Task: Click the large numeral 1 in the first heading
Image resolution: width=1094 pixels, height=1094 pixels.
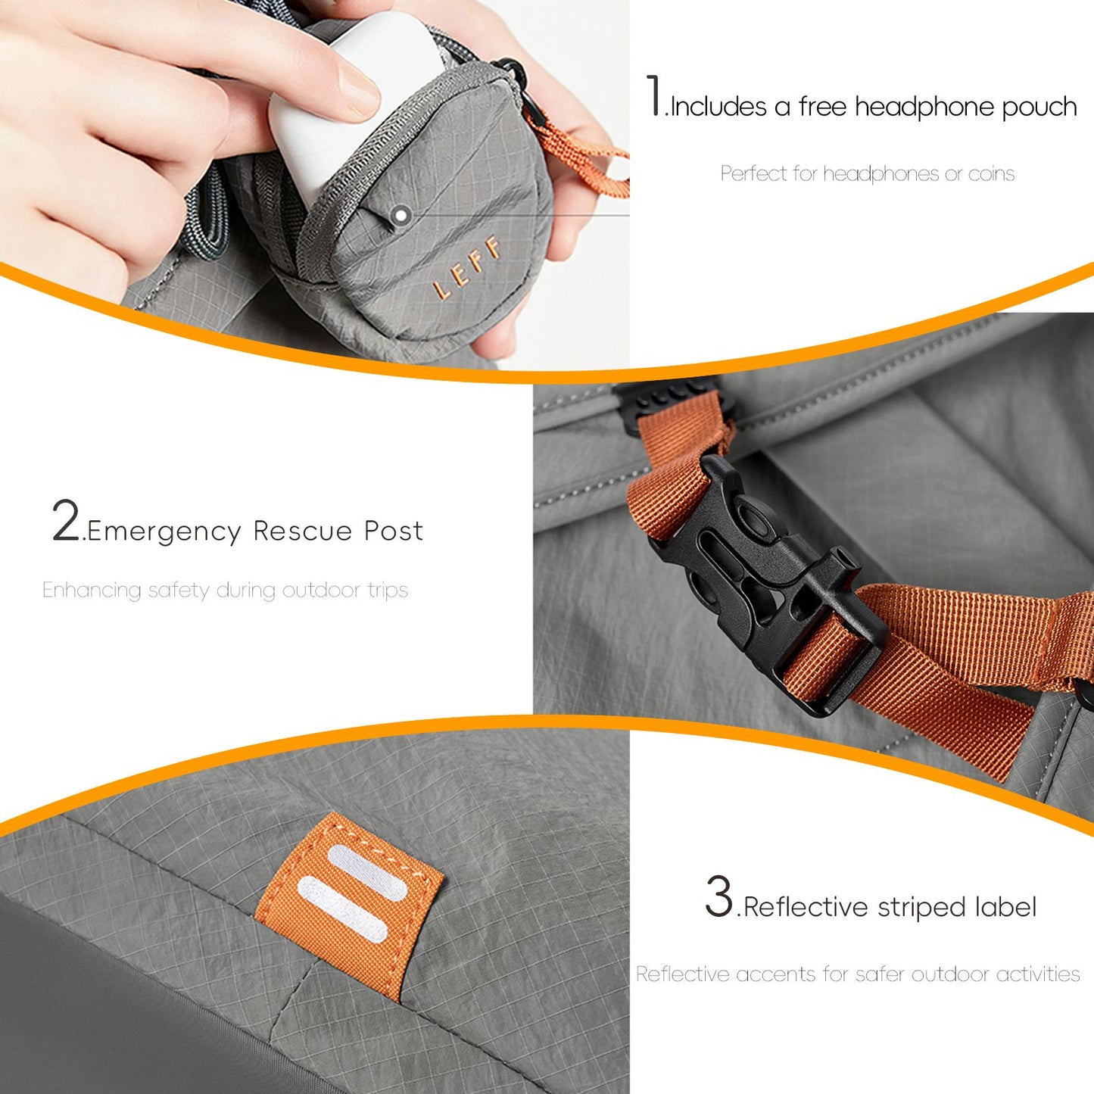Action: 655,95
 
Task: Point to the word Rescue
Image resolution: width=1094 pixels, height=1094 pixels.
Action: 303,531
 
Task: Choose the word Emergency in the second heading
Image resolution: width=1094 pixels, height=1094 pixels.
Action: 164,532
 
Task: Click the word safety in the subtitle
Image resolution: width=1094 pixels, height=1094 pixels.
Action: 179,591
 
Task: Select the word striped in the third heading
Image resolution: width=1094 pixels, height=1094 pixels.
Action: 921,907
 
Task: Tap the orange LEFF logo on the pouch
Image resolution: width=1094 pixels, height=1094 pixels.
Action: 467,266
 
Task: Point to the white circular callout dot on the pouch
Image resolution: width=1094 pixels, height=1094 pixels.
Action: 401,215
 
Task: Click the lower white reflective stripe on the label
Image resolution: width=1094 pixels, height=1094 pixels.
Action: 342,909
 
